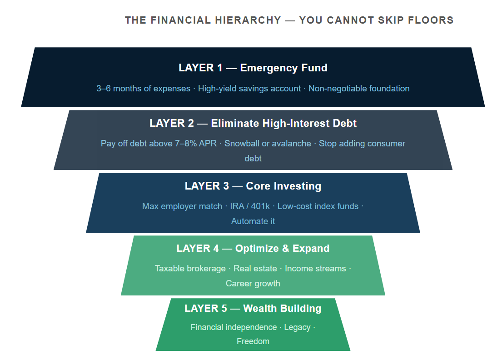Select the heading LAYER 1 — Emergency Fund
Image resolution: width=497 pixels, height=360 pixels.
pyautogui.click(x=253, y=68)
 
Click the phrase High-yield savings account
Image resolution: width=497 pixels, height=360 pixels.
pyautogui.click(x=249, y=89)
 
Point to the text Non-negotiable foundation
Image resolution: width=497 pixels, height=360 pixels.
pyautogui.click(x=359, y=89)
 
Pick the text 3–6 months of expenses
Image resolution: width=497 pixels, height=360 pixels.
pyautogui.click(x=144, y=89)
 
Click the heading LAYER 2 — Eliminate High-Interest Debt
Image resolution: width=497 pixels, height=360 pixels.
pyautogui.click(x=253, y=123)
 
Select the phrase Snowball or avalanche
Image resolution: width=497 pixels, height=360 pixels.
pyautogui.click(x=268, y=144)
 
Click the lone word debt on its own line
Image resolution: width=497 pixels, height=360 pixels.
pyautogui.click(x=253, y=159)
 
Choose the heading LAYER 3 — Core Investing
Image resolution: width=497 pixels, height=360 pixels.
pyautogui.click(x=253, y=186)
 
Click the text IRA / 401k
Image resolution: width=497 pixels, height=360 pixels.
pyautogui.click(x=250, y=206)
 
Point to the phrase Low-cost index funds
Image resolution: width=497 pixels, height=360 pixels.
pyautogui.click(x=318, y=206)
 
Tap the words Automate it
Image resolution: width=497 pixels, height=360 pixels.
pyautogui.click(x=253, y=221)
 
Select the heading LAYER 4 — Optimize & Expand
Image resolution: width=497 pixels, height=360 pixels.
pyautogui.click(x=253, y=249)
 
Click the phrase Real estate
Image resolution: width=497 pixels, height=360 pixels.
pyautogui.click(x=255, y=269)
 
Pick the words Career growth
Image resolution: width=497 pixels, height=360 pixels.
pyautogui.click(x=253, y=284)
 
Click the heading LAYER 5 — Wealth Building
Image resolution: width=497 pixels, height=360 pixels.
pyautogui.click(x=253, y=309)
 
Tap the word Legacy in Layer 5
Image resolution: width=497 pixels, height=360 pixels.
pyautogui.click(x=297, y=327)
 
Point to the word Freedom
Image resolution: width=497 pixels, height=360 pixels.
pyautogui.click(x=253, y=341)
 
